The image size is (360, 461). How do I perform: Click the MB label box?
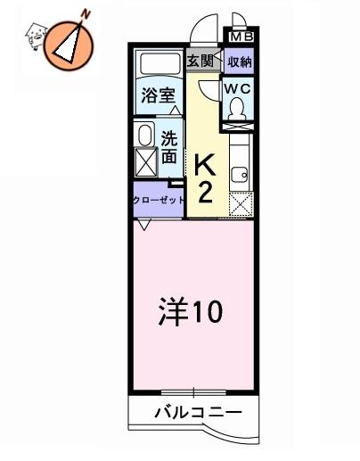[x=242, y=38]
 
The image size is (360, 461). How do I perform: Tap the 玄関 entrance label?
[x=199, y=62]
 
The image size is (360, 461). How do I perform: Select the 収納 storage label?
[x=239, y=62]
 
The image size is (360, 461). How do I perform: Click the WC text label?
[x=237, y=88]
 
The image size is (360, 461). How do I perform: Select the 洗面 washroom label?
[x=169, y=148]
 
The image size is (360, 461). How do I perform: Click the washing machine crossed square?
[x=144, y=162]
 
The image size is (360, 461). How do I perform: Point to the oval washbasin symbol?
[x=144, y=136]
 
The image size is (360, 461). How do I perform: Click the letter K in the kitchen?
[x=205, y=164]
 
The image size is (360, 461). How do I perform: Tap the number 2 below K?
[x=205, y=193]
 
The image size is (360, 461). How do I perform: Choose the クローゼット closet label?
[x=158, y=201]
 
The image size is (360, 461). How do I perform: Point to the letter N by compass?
[x=86, y=13]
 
